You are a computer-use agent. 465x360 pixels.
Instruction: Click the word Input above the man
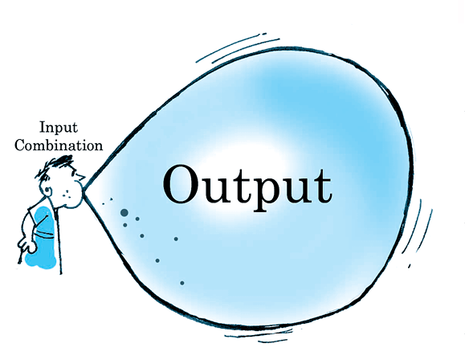click(59, 128)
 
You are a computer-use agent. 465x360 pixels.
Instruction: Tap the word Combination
click(59, 145)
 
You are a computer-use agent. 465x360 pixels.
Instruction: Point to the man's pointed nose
click(80, 177)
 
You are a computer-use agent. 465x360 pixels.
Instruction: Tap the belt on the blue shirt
click(44, 235)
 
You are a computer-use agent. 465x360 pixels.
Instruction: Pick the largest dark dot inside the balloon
click(124, 212)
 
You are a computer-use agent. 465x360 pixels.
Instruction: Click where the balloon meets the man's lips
click(84, 190)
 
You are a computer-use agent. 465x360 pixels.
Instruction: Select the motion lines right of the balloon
click(418, 231)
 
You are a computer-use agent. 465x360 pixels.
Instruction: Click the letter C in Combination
click(20, 145)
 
